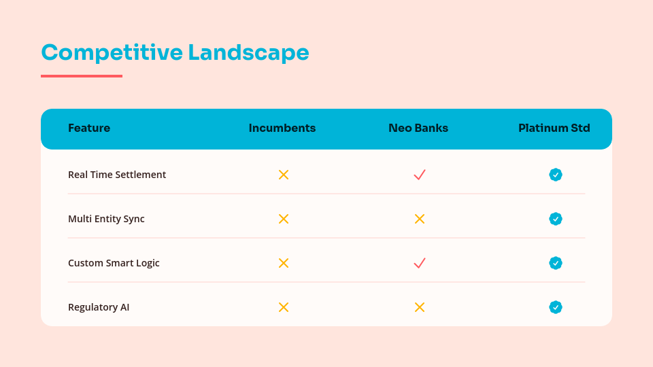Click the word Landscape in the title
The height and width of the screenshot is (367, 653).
coord(248,52)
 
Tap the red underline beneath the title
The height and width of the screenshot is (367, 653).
coord(82,76)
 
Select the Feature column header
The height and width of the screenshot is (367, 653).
coord(89,128)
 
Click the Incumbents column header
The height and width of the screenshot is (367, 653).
coord(282,128)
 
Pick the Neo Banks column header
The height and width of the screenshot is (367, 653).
coord(418,128)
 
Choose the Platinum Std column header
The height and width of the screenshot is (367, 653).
coord(554,128)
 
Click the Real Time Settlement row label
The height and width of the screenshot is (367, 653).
coord(117,175)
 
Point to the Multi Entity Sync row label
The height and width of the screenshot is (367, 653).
coord(106,219)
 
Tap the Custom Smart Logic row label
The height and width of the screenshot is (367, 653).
coord(114,263)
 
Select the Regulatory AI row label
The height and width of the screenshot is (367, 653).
coord(99,307)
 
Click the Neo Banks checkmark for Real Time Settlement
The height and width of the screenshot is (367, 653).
coord(420,175)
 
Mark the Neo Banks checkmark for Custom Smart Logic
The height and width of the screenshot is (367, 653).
coord(420,263)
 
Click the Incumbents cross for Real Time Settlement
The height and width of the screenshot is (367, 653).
coord(284,175)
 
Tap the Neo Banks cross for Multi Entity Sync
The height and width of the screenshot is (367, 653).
coord(420,219)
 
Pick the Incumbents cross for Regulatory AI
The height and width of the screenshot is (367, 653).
coord(284,307)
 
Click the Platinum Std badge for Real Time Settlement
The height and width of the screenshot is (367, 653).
coord(556,175)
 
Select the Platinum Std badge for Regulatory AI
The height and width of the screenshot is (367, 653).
coord(556,307)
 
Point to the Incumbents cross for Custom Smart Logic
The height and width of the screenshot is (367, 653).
coord(284,263)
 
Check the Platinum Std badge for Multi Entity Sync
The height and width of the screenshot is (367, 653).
coord(556,219)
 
